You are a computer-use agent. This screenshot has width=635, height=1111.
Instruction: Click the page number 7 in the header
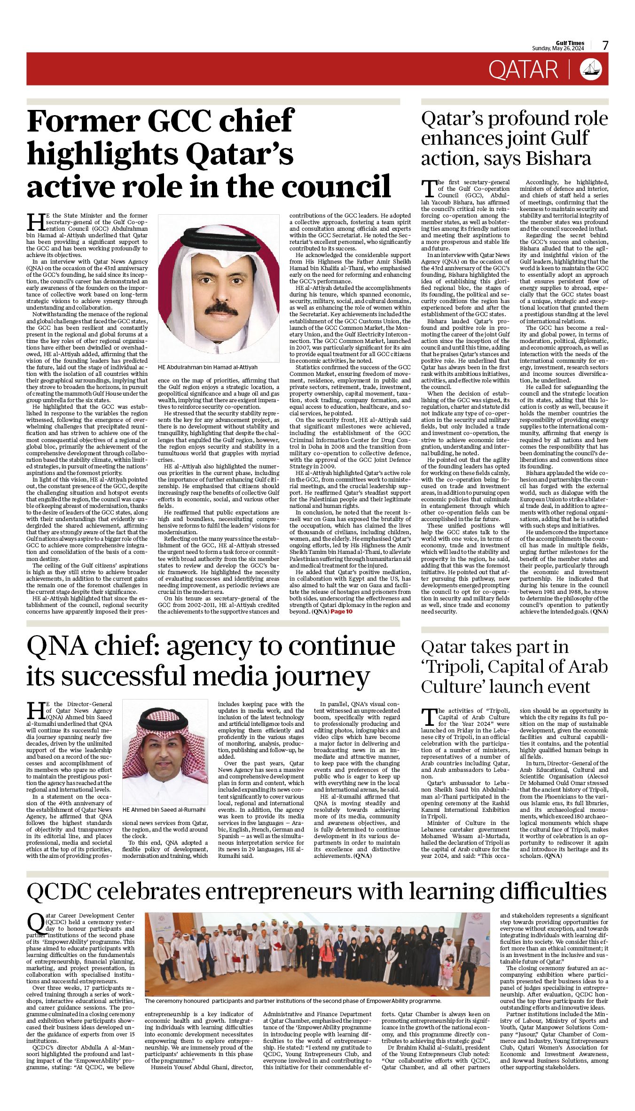click(x=605, y=45)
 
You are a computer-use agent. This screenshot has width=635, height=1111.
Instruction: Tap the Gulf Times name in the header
click(x=570, y=43)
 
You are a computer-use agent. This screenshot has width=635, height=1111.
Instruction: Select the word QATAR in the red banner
click(x=523, y=70)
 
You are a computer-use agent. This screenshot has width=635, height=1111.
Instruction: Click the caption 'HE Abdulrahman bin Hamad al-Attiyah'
click(x=208, y=367)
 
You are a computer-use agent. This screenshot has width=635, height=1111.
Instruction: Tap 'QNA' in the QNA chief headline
click(x=56, y=646)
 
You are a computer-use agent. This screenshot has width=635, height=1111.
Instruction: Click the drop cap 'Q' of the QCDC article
click(x=36, y=924)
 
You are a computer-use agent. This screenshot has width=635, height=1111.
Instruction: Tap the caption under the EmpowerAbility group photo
click(x=293, y=1001)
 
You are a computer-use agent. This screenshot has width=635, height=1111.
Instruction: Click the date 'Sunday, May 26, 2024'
click(x=558, y=48)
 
